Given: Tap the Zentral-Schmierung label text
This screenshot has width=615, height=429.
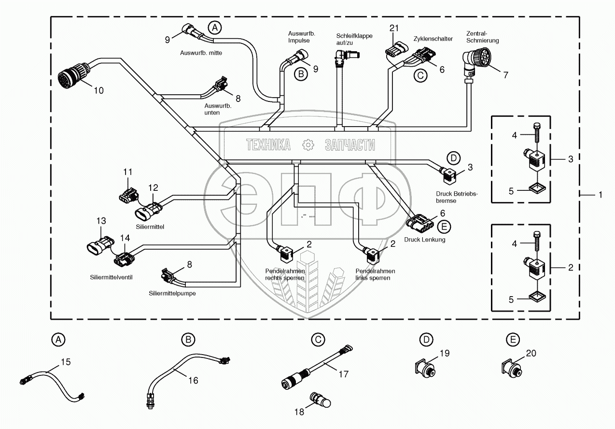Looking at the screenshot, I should coord(482,37).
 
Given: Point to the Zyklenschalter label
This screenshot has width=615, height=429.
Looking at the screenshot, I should coord(433,39).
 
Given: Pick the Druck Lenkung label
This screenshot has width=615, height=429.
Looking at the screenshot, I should coord(425,239).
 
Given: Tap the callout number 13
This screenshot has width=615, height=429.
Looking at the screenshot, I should coord(100,221).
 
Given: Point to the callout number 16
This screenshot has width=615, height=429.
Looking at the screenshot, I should coord(193,380).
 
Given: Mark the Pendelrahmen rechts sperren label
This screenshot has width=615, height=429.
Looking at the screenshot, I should coord(285,274).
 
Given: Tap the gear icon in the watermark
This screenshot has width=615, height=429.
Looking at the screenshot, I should coord(307,144).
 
